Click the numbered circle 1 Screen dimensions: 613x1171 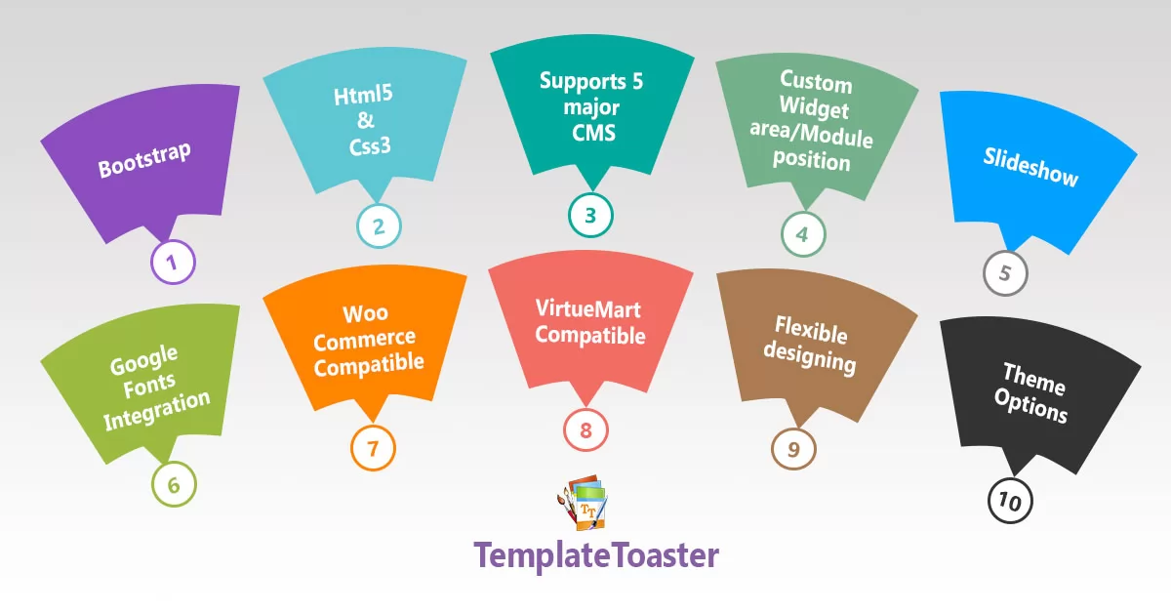174,262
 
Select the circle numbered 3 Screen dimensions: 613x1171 590,215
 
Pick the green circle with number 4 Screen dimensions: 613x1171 802,234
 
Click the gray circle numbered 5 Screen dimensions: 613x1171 1005,273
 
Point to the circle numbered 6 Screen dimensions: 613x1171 174,485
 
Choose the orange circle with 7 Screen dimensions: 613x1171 373,449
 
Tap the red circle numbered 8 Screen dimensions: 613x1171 585,429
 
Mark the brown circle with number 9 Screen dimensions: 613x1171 793,449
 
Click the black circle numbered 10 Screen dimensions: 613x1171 1010,502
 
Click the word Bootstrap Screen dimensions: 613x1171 144,160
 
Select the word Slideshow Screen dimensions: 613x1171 1030,167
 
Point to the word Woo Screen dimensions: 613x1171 365,314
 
